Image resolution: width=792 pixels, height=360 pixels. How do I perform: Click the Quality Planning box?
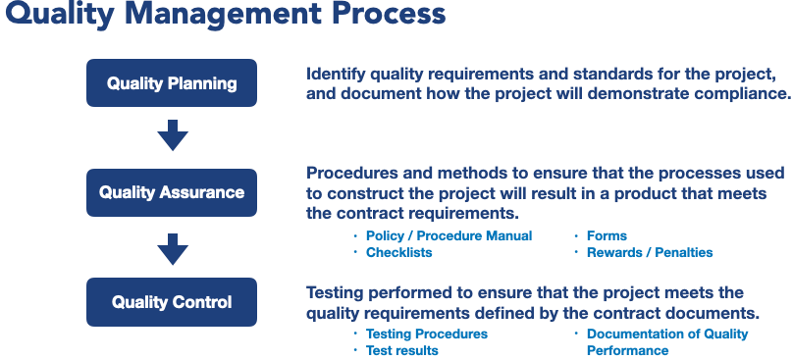(x=172, y=82)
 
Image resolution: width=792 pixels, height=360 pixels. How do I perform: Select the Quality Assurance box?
(x=172, y=192)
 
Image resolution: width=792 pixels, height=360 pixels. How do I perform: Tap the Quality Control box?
(x=172, y=302)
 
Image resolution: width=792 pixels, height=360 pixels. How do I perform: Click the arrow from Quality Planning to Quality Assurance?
(x=173, y=135)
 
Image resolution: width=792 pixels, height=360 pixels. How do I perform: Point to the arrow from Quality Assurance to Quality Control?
(x=173, y=249)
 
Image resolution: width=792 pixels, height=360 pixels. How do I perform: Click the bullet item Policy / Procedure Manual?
(x=449, y=235)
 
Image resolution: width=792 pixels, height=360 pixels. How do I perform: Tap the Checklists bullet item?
(x=399, y=252)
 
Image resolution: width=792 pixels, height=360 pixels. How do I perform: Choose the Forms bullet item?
(x=607, y=235)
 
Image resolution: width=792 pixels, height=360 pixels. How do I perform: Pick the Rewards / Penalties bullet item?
(x=650, y=252)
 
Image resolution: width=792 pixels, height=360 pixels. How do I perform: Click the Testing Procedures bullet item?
(x=427, y=334)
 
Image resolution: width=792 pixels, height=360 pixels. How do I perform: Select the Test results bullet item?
(x=402, y=350)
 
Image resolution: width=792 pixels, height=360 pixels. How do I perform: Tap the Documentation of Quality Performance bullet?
(x=667, y=342)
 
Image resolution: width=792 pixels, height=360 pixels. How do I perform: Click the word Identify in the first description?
(x=336, y=75)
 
